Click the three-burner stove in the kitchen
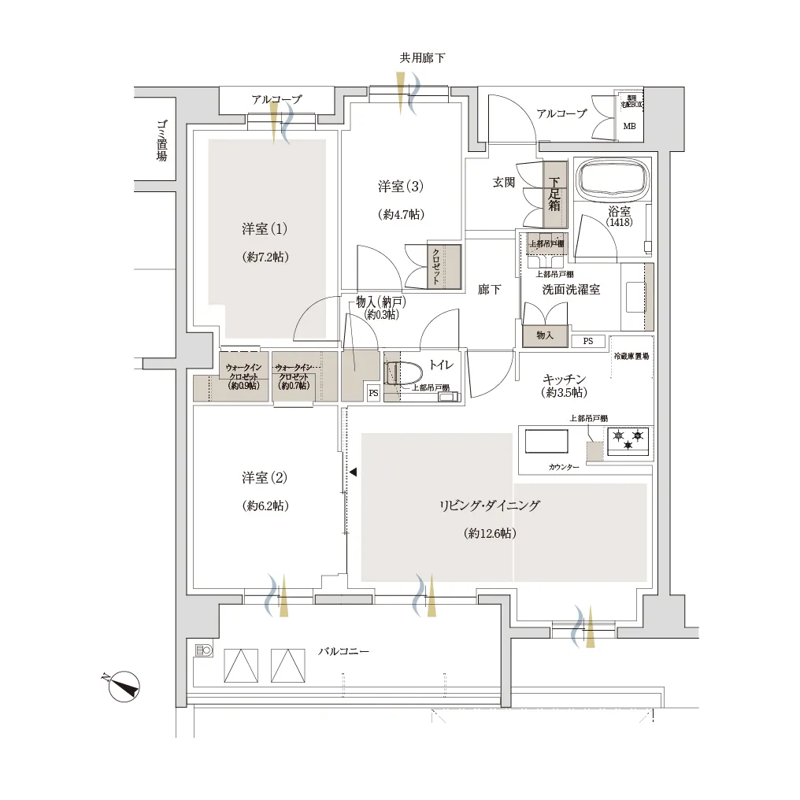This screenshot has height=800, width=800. click(x=628, y=439)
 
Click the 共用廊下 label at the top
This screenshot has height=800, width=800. click(x=423, y=58)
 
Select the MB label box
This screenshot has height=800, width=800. click(x=630, y=126)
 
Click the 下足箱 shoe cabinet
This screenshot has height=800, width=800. click(x=554, y=194)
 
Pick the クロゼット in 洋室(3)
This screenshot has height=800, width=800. click(x=436, y=266)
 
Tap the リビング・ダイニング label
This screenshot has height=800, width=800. click(x=490, y=506)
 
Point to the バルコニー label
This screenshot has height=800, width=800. click(x=343, y=652)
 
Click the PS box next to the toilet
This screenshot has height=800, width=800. click(x=373, y=393)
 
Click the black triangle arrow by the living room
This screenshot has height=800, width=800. click(x=353, y=472)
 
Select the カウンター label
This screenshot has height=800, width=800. click(x=564, y=468)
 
